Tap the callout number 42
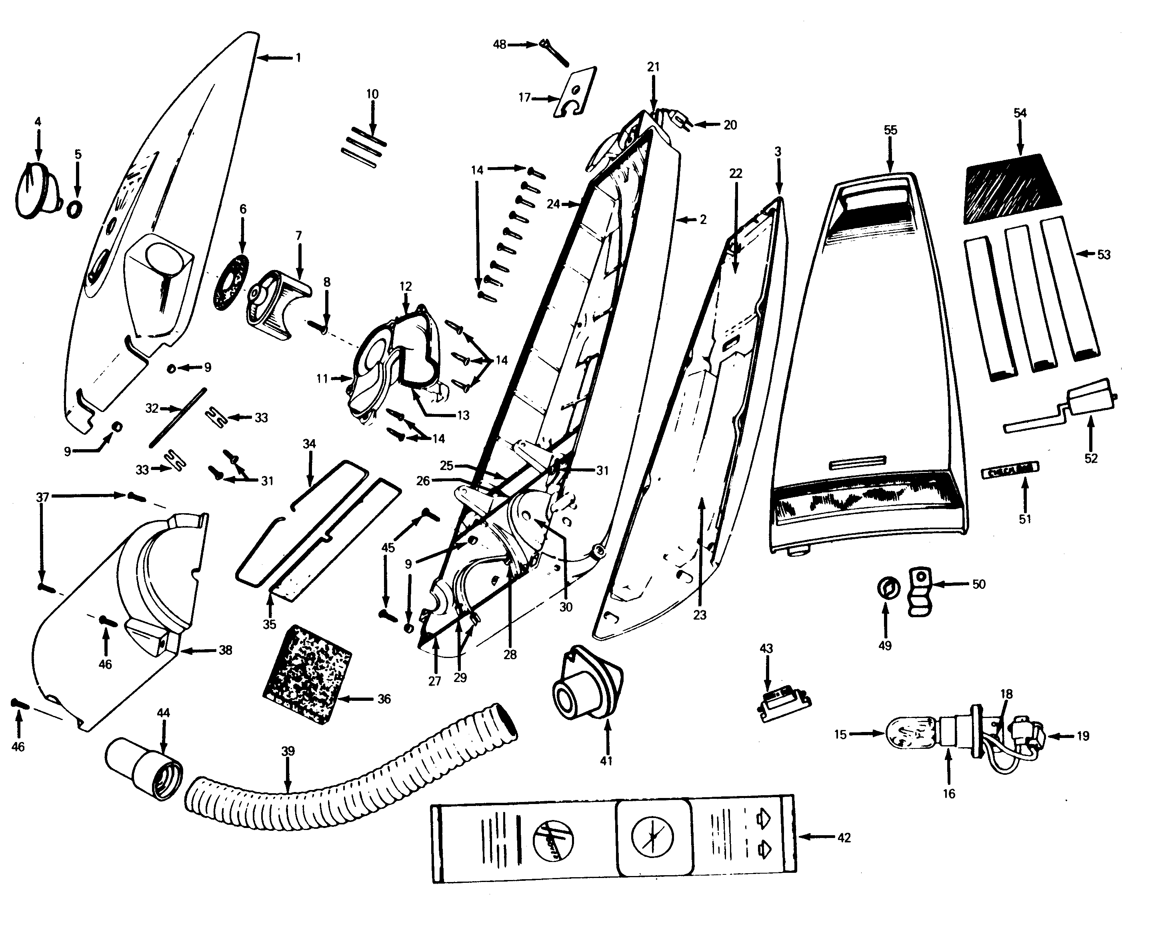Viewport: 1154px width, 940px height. point(844,838)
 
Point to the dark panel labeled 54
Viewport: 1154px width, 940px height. point(1012,188)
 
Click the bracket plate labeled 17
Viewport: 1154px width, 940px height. point(576,93)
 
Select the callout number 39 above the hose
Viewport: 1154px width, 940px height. point(288,751)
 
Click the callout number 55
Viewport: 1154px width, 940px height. point(890,130)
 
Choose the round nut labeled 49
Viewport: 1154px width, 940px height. point(887,588)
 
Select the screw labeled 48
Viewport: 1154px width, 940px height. point(554,53)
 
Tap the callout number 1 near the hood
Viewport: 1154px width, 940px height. point(298,57)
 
